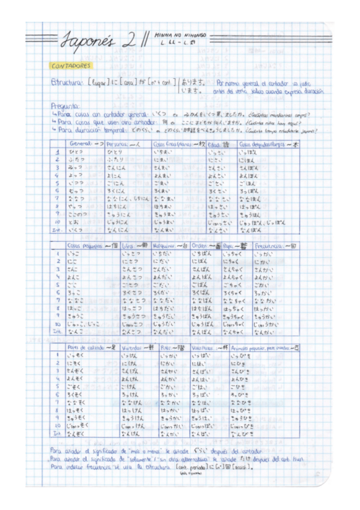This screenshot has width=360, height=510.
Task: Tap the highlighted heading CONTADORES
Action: click(x=71, y=65)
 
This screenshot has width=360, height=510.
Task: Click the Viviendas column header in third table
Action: click(x=135, y=348)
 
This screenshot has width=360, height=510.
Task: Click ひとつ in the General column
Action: click(x=78, y=153)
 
